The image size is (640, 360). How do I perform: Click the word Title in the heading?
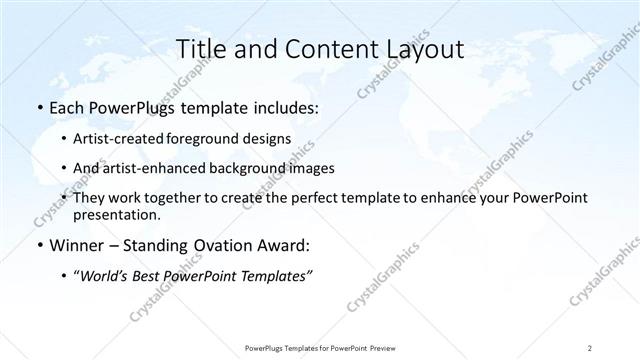click(x=202, y=49)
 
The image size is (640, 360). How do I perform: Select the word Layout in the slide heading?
click(x=423, y=49)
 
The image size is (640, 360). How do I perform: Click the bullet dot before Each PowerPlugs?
click(x=39, y=108)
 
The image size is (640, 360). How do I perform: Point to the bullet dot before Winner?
click(x=39, y=245)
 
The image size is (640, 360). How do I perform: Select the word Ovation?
click(x=218, y=245)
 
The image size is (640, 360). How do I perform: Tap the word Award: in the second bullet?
click(x=285, y=245)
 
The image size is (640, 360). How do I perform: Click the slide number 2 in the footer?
click(x=591, y=348)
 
